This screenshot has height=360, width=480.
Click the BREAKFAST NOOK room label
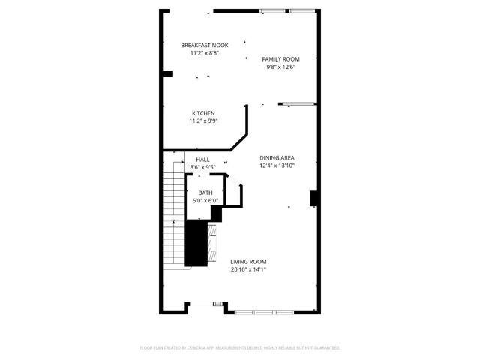(x=205, y=46)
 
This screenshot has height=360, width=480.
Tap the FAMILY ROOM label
(x=280, y=58)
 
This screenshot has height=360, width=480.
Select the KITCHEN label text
(x=203, y=113)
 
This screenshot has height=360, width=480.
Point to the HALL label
(x=202, y=160)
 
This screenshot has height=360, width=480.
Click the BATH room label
(x=205, y=193)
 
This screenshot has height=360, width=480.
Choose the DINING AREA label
(x=277, y=157)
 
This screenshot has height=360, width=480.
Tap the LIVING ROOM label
(x=248, y=262)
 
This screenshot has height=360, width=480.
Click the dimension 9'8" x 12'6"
(x=280, y=67)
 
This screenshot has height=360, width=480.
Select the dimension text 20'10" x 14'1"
(x=248, y=269)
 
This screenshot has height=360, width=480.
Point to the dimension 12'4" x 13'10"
(x=277, y=166)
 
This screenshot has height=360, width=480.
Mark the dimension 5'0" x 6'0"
(x=205, y=200)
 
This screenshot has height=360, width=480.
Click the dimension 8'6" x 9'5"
(x=202, y=167)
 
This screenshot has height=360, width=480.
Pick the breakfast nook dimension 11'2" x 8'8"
(x=205, y=54)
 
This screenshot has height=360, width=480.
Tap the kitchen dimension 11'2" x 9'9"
(x=203, y=121)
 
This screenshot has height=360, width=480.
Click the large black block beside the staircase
(x=196, y=243)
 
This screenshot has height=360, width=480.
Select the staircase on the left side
(x=173, y=214)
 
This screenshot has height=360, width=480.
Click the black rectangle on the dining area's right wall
(x=315, y=199)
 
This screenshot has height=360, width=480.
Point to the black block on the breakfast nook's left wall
(x=167, y=73)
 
